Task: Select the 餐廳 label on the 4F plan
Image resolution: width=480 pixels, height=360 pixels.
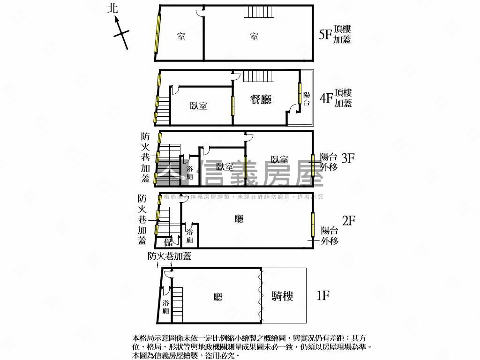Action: point(261,99)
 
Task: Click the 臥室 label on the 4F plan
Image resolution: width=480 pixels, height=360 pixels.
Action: point(199,106)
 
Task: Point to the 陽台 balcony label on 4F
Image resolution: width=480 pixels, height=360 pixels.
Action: point(306,98)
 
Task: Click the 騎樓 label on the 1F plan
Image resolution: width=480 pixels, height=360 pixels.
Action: point(283,296)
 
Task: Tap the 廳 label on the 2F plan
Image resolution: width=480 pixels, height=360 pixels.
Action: point(239,218)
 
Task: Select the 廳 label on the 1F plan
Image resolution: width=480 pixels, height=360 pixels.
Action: point(217,297)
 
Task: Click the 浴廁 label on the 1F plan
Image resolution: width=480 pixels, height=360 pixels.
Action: point(165,307)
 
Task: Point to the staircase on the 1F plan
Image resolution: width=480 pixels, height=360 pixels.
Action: point(177,305)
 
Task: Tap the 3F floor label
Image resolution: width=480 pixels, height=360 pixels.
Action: point(348,158)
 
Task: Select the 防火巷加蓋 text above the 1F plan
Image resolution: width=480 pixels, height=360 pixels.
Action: point(169,256)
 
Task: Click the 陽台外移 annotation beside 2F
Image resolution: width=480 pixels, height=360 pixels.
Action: point(330,236)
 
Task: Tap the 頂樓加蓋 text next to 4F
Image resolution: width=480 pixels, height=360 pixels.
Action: point(343,98)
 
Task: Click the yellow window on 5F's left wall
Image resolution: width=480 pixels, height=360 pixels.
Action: point(156,34)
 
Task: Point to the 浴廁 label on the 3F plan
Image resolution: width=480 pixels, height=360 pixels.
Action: point(189,172)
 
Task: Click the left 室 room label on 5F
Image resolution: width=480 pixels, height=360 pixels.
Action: point(181,37)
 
